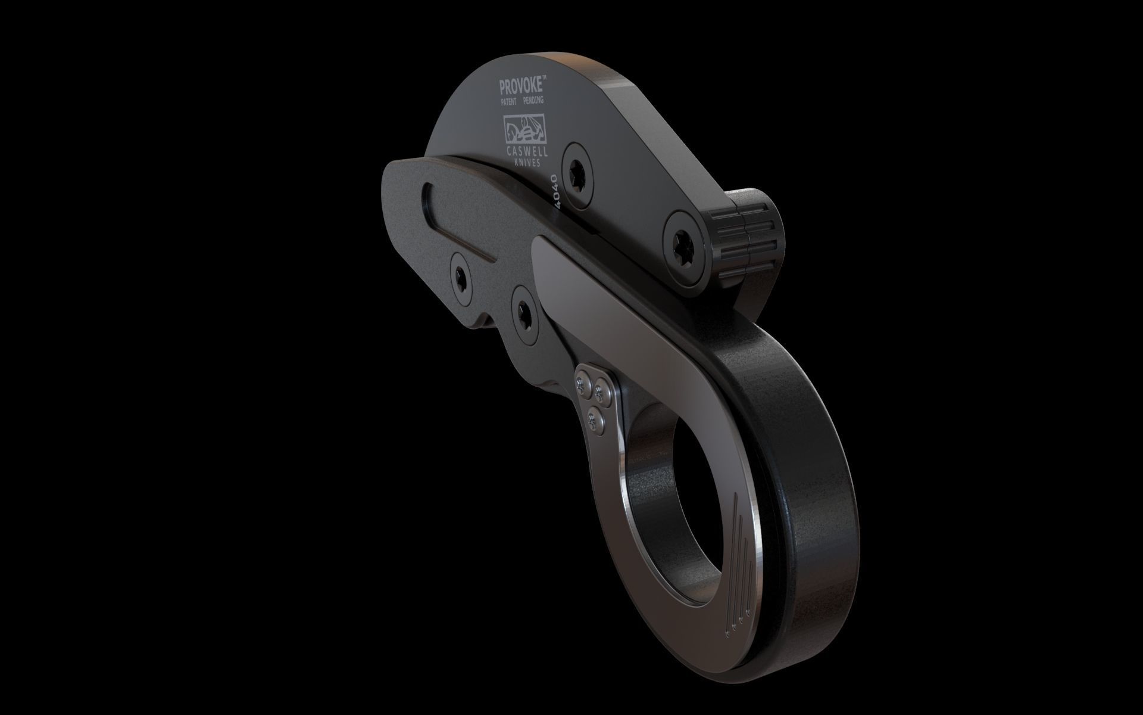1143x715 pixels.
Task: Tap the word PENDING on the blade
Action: [533, 101]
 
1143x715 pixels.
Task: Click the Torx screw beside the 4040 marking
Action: [577, 174]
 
